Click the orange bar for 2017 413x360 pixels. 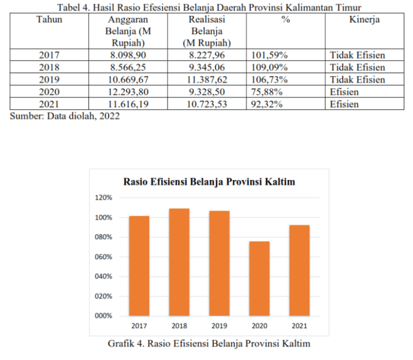139,266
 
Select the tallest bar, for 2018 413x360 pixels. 179,262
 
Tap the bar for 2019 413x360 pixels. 219,263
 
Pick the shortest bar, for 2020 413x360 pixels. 260,279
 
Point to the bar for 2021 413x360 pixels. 300,270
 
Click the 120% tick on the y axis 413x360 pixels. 103,198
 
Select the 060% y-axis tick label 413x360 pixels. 103,257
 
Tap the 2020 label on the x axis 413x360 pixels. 260,326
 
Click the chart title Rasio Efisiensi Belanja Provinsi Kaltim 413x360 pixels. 209,182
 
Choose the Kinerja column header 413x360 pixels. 365,19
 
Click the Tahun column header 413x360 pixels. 49,19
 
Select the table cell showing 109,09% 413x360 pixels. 269,67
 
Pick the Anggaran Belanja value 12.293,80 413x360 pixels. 128,92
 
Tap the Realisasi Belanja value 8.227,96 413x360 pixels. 206,55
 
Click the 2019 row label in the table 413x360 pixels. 49,80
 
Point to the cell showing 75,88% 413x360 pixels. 267,92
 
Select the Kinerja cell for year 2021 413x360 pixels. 344,104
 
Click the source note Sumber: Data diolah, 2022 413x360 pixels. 65,116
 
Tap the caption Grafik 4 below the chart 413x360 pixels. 209,343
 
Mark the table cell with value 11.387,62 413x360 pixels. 206,80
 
